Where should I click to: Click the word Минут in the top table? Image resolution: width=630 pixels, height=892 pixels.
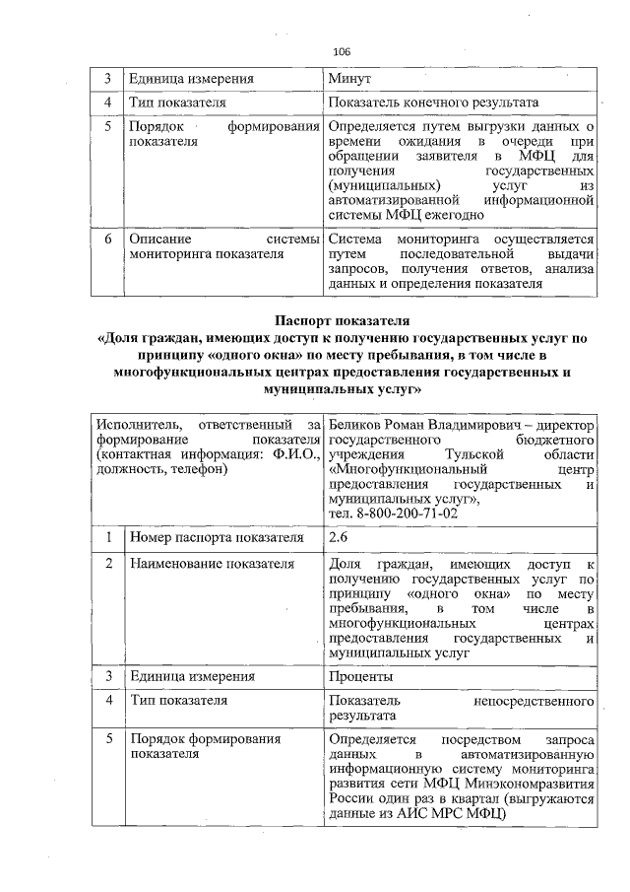tap(349, 78)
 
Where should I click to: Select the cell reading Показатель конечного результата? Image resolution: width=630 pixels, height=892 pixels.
tap(434, 103)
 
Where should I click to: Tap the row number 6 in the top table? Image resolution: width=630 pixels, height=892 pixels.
tap(107, 240)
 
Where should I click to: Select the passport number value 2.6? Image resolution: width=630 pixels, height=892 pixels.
tap(340, 537)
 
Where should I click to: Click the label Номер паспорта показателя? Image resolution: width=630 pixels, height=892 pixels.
tap(216, 537)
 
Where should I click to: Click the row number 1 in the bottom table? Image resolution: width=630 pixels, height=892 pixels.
tap(107, 537)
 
